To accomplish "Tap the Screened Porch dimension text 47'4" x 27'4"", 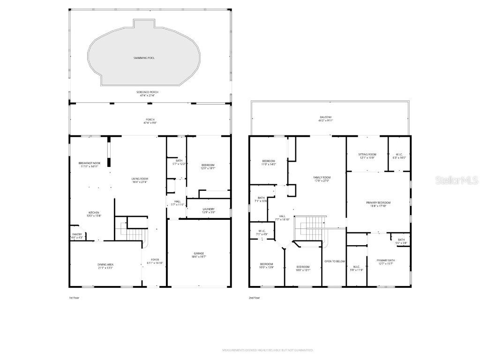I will coord(147,95).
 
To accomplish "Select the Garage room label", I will coord(199,254).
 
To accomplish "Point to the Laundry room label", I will coord(208,209).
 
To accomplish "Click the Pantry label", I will coord(77,234).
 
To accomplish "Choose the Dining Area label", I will coord(105,265).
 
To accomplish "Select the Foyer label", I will coord(155,260).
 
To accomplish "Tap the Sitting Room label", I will coord(367,154).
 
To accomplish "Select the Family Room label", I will coord(322,177).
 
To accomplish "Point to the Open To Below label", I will coord(335,261).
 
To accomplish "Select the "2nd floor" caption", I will coord(255,297).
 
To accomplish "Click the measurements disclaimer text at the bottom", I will coord(268,350).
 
